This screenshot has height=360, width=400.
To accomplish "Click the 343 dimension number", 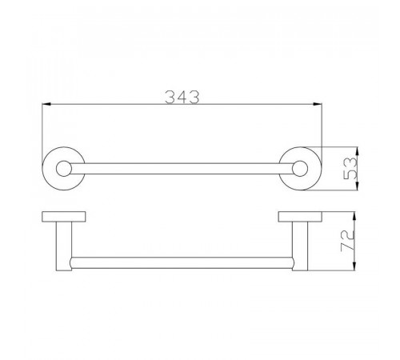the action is pyautogui.click(x=182, y=97).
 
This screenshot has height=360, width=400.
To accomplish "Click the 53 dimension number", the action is pyautogui.click(x=350, y=169).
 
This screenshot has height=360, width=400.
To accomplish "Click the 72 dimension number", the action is pyautogui.click(x=348, y=241).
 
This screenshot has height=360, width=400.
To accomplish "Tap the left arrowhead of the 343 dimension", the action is pyautogui.click(x=46, y=104).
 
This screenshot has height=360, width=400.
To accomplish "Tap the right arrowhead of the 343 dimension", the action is pyautogui.click(x=318, y=104).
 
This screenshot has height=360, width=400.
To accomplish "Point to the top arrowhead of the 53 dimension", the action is pyautogui.click(x=358, y=151).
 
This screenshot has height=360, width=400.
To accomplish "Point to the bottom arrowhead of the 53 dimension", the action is pyautogui.click(x=358, y=186).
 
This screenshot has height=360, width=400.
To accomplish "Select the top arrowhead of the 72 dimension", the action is pyautogui.click(x=354, y=216).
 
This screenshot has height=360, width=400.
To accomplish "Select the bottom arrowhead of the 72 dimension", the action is pyautogui.click(x=354, y=266).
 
